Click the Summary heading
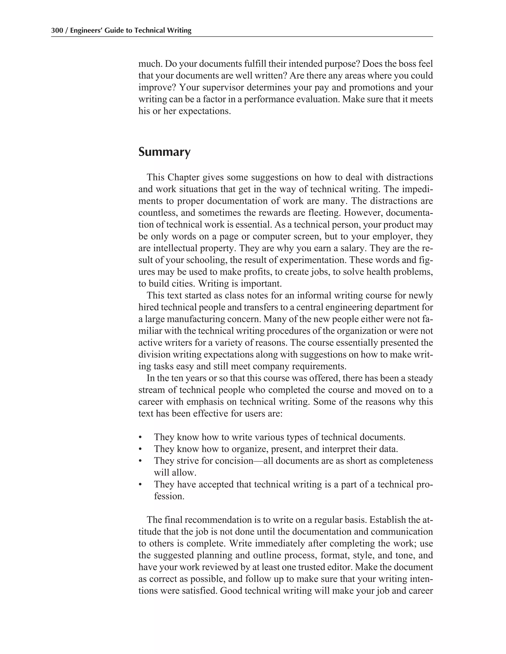(x=164, y=152)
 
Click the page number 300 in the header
(x=56, y=30)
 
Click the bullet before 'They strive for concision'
(x=140, y=461)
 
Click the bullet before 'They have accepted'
(x=140, y=484)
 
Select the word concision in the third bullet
(x=235, y=461)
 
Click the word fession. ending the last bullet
(x=169, y=496)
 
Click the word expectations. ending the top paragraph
(x=205, y=111)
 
